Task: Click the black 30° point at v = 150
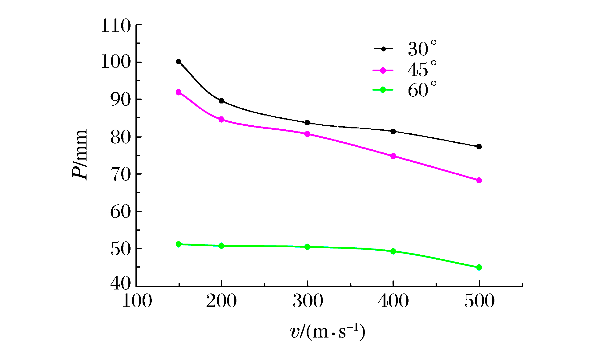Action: click(179, 62)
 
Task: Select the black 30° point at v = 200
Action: click(221, 101)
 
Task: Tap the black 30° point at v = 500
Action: click(479, 147)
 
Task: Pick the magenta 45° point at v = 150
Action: click(179, 92)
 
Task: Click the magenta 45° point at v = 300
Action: click(307, 134)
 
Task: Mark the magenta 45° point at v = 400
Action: click(393, 156)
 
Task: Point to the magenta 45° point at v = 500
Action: click(479, 180)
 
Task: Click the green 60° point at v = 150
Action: click(179, 244)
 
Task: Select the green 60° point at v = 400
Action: click(393, 251)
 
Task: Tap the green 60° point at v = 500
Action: click(479, 267)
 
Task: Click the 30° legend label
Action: click(422, 49)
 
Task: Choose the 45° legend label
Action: click(422, 69)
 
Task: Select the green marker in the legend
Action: click(383, 90)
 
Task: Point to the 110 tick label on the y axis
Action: click(116, 26)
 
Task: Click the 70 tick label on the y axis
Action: click(120, 175)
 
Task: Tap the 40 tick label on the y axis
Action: click(120, 283)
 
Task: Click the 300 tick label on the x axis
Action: click(308, 301)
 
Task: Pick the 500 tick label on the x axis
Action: click(479, 301)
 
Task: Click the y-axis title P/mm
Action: click(80, 155)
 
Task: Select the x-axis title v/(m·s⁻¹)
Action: click(328, 332)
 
